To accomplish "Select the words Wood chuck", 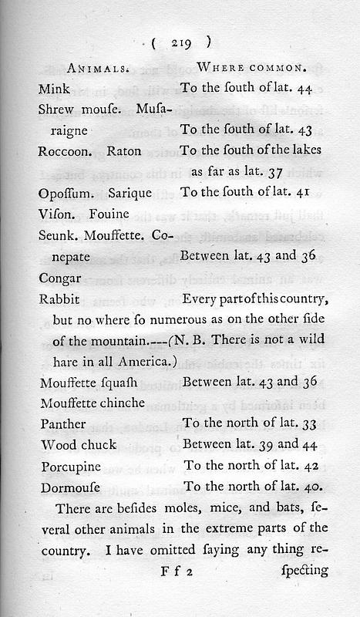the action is click(x=77, y=444).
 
